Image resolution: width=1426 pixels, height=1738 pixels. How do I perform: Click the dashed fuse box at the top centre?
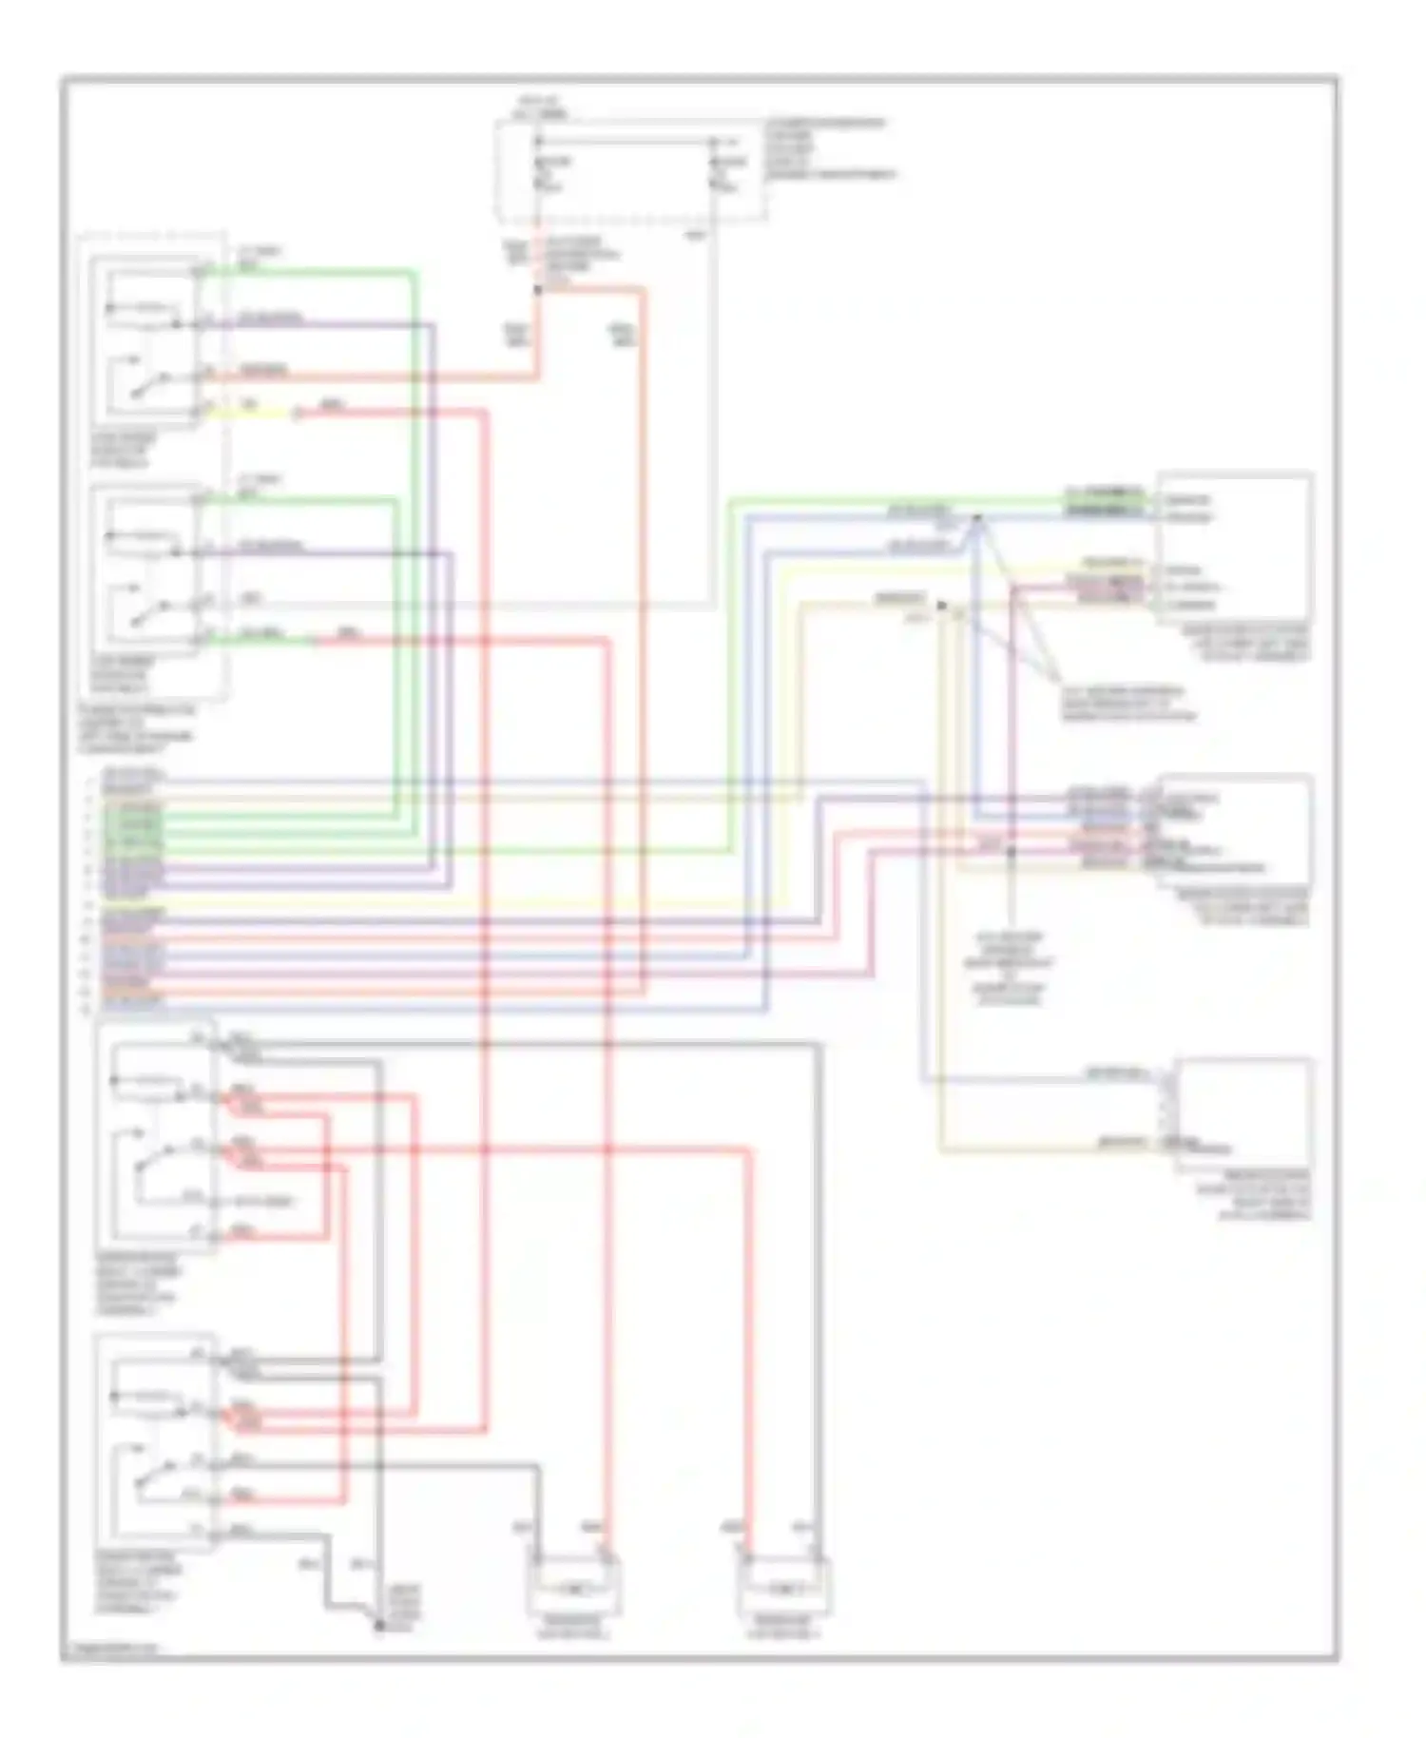tap(627, 171)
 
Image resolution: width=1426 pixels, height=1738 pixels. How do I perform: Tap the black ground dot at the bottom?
tap(378, 1627)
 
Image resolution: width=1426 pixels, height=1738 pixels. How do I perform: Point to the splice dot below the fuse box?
tap(537, 289)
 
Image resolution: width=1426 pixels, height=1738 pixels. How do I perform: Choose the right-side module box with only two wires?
tap(1243, 1114)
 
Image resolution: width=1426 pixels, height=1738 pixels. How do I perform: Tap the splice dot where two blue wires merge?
tap(976, 518)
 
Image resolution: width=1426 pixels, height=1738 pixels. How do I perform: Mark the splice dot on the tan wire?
tap(941, 605)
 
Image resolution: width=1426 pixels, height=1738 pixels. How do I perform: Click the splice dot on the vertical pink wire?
tap(1012, 852)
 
